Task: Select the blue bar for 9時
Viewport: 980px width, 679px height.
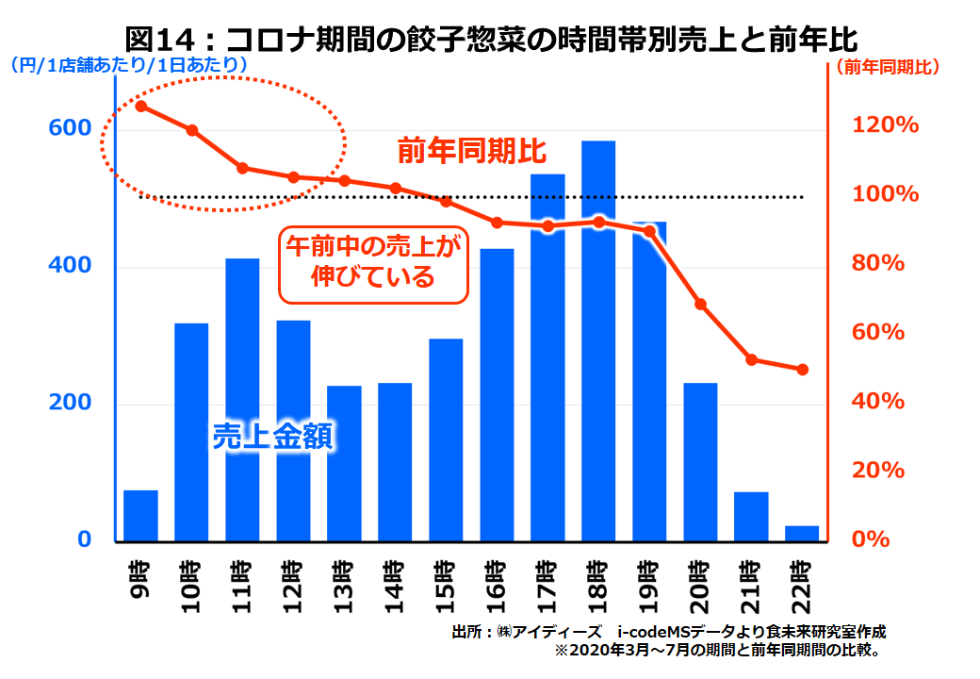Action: coord(140,516)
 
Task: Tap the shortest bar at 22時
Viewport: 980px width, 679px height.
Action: coord(802,534)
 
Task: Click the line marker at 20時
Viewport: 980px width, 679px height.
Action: coord(700,304)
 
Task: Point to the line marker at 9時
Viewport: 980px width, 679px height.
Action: coord(140,106)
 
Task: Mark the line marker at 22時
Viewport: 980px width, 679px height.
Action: coord(802,370)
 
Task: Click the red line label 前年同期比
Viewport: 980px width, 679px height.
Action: coord(471,151)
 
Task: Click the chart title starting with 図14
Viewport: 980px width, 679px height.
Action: coord(490,39)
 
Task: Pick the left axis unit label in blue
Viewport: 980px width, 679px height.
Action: coord(129,65)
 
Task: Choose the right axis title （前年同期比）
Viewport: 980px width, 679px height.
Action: coord(891,67)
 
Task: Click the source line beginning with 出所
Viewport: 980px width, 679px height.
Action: coord(669,631)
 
